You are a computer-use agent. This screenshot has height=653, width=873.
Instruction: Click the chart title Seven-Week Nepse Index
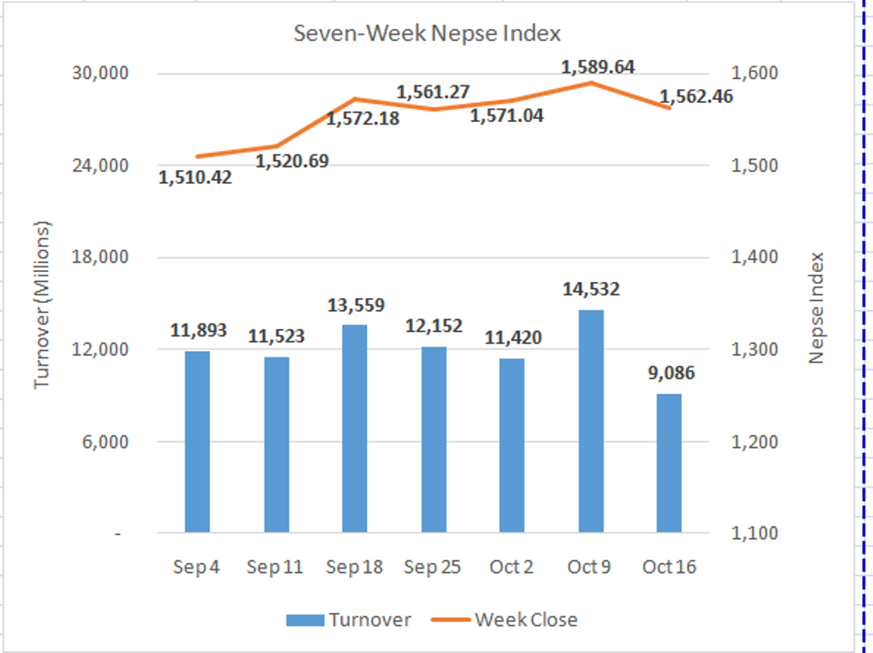(x=426, y=35)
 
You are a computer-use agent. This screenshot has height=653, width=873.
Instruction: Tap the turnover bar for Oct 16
(x=668, y=463)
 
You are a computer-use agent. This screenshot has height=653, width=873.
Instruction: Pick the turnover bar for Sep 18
(x=354, y=428)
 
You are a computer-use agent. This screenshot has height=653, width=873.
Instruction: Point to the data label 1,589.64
(x=597, y=66)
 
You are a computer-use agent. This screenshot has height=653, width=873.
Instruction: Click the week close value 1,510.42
(x=195, y=177)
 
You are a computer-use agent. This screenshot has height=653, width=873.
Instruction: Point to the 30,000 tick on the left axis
(x=101, y=73)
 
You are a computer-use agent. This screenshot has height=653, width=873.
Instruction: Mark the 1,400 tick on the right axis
(x=754, y=257)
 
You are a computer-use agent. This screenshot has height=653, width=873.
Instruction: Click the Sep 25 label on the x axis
(x=432, y=568)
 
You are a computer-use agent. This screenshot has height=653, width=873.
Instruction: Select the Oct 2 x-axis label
(x=511, y=568)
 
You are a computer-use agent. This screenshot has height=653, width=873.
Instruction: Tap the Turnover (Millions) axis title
(x=42, y=304)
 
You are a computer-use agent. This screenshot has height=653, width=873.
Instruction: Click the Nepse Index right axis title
(x=816, y=307)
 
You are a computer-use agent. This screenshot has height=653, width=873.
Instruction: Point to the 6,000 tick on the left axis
(x=105, y=442)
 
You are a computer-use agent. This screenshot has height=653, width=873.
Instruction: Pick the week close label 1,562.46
(x=696, y=96)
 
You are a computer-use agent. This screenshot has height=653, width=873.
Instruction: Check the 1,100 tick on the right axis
(x=754, y=534)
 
